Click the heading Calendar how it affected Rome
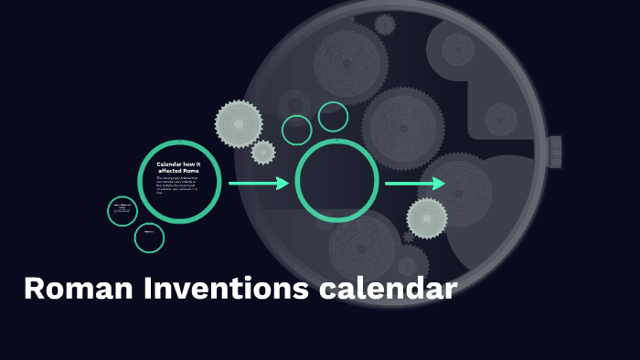click(178, 167)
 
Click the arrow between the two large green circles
click(258, 184)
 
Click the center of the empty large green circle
click(336, 181)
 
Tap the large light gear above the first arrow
click(239, 123)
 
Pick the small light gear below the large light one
click(263, 153)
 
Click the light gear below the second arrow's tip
click(427, 218)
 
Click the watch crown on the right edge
click(554, 150)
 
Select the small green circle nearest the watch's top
click(334, 116)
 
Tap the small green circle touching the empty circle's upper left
click(297, 130)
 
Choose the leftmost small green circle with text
click(122, 211)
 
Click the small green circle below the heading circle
click(149, 238)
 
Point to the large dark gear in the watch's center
click(402, 127)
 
